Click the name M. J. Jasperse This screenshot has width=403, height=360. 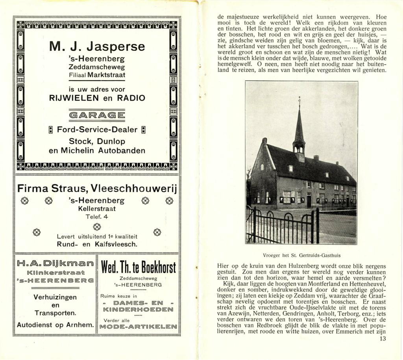coord(97,47)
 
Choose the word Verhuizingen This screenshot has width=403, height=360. coord(55,297)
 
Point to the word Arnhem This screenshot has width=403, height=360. coord(81,325)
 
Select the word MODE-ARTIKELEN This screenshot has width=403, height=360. coord(137,327)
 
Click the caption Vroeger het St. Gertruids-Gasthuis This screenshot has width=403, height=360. coord(301,255)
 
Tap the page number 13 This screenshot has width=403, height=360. coord(384,339)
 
